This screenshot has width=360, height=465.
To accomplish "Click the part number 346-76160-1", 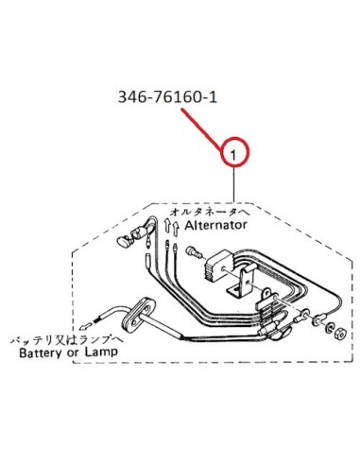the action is (167, 97).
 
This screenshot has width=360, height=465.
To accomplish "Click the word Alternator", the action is (215, 225).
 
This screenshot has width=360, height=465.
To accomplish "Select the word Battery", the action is (41, 353).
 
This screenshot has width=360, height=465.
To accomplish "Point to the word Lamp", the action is (101, 352).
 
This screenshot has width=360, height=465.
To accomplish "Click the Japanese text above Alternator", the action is (210, 212).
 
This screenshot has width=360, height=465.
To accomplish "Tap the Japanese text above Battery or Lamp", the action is (67, 340).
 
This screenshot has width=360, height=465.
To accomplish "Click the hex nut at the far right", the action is (340, 333).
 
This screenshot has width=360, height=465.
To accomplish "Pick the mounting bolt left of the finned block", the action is (194, 253).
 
